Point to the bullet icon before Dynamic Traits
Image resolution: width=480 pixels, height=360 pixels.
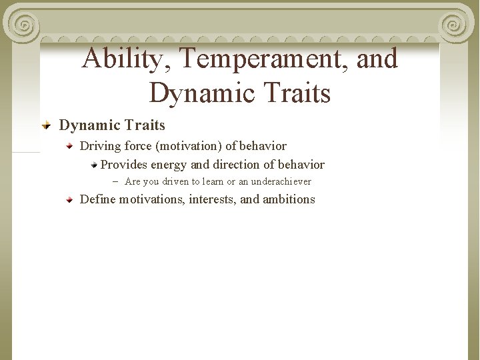click(47, 125)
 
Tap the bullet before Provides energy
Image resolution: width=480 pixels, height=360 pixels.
click(94, 165)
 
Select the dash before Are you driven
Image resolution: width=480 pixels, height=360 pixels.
click(115, 181)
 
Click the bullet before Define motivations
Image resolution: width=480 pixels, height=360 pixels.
click(69, 199)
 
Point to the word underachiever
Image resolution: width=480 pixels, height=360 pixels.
click(281, 181)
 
